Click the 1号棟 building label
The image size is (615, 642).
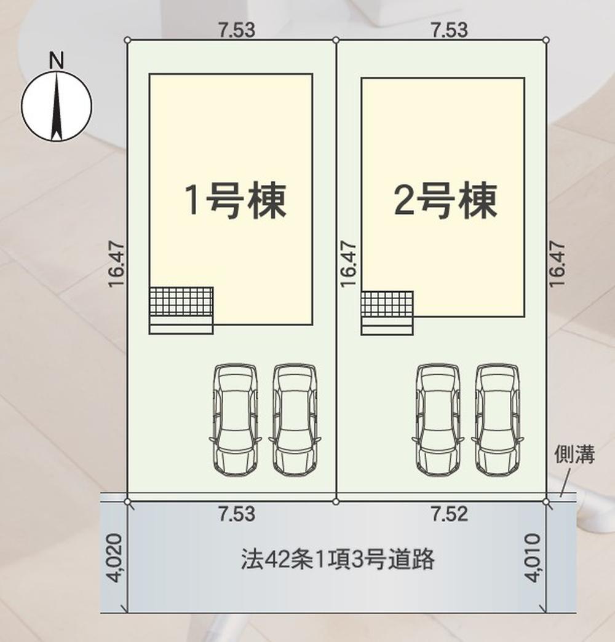[236, 200]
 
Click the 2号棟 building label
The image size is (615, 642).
[445, 200]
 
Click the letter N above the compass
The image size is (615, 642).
[57, 60]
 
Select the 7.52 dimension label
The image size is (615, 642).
[449, 514]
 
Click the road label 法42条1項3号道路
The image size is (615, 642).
[338, 560]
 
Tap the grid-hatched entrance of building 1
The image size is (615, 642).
[181, 302]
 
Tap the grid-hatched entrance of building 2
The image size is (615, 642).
[387, 304]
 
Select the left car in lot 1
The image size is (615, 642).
[235, 419]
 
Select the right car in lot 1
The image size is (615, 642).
[295, 419]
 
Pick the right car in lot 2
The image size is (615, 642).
[498, 419]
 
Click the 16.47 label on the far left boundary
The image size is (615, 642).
[116, 264]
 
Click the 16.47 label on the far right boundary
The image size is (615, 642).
[557, 264]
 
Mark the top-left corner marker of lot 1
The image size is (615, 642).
[127, 40]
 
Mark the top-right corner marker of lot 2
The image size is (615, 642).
[546, 40]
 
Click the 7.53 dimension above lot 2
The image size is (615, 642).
[449, 29]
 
